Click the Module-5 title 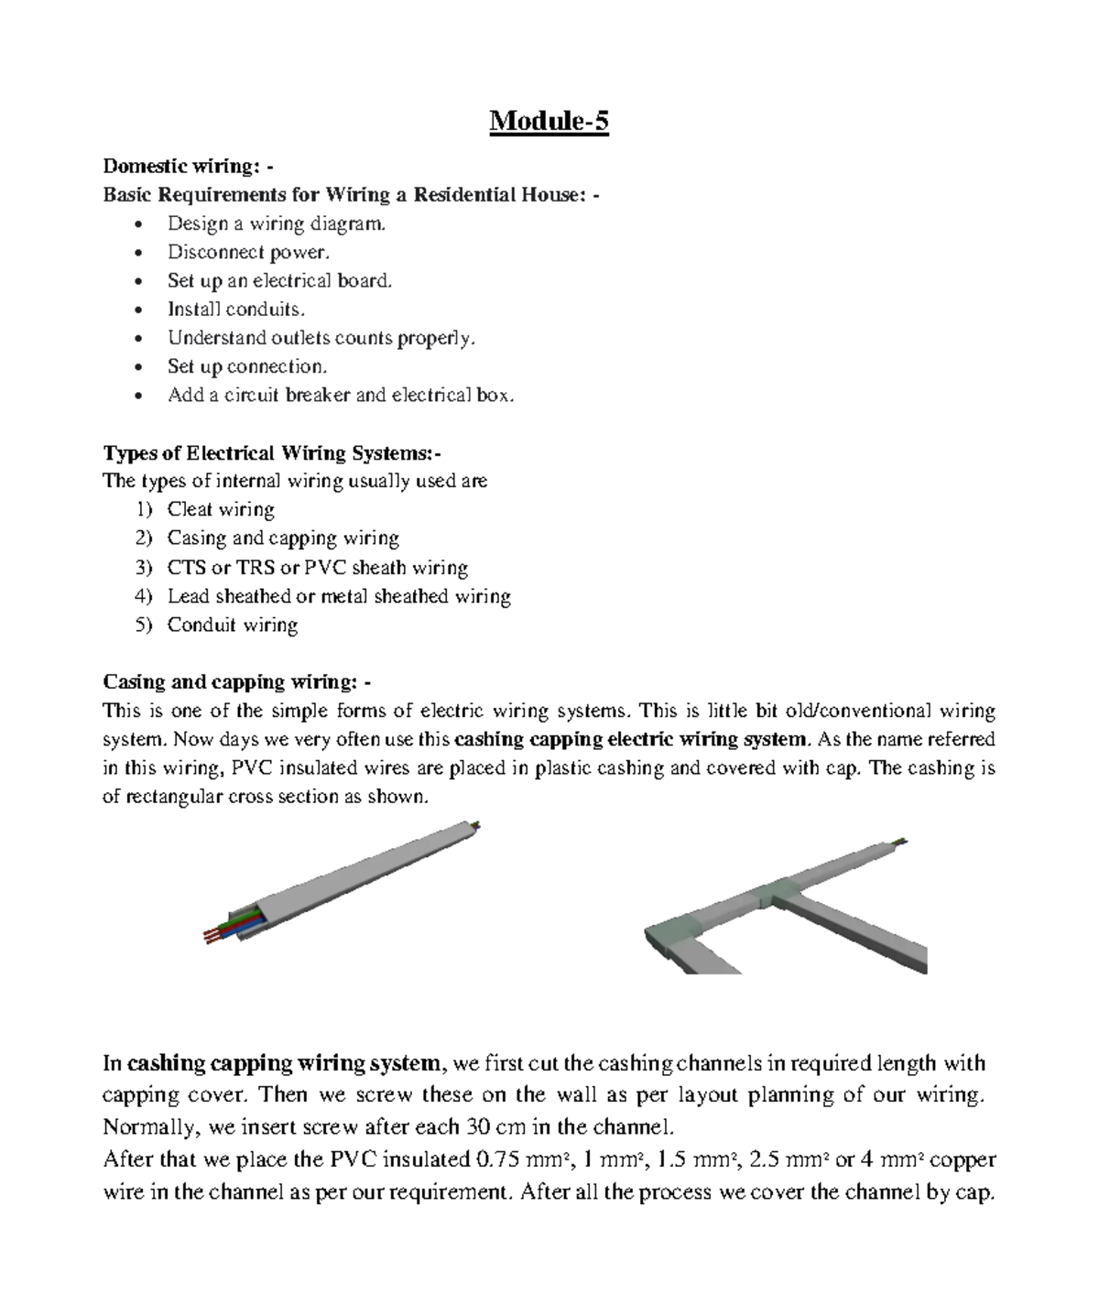pyautogui.click(x=549, y=121)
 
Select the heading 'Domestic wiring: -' pyautogui.click(x=188, y=166)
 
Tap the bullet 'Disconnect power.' pyautogui.click(x=247, y=252)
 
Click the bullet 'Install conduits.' pyautogui.click(x=235, y=310)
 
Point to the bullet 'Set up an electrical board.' pyautogui.click(x=279, y=280)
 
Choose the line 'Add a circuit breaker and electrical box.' pyautogui.click(x=341, y=396)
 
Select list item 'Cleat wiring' pyautogui.click(x=221, y=510)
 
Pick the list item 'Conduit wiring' pyautogui.click(x=233, y=625)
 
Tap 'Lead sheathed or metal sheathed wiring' pyautogui.click(x=339, y=596)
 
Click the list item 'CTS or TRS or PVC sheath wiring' pyautogui.click(x=317, y=568)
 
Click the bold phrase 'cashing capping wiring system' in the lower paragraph pyautogui.click(x=284, y=1063)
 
